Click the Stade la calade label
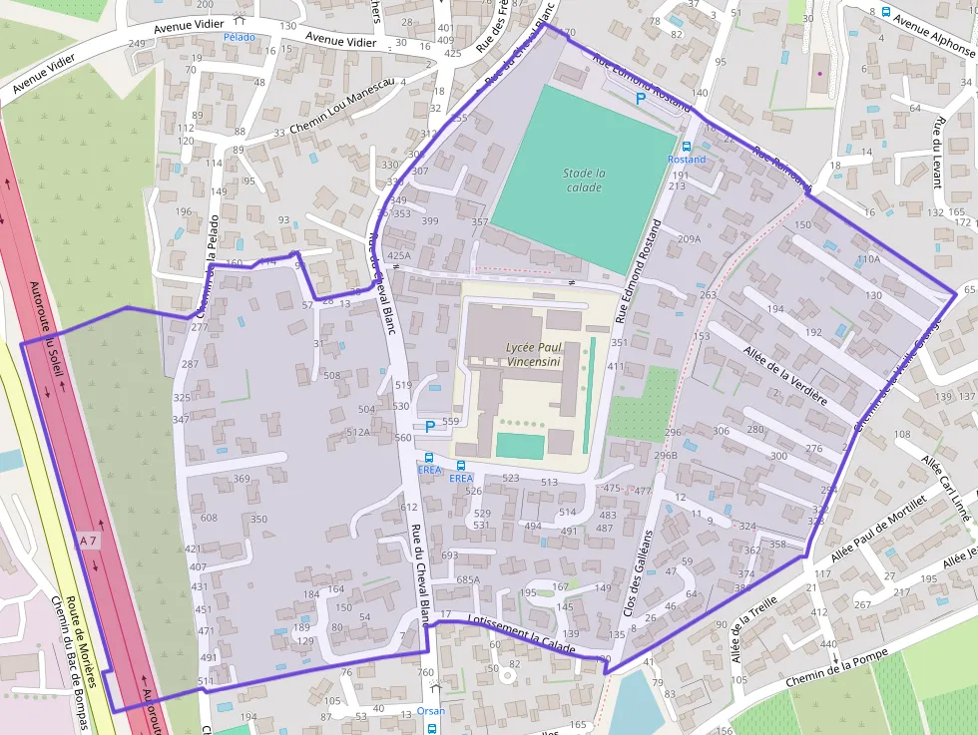(584, 180)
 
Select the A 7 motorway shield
(87, 541)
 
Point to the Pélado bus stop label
(240, 37)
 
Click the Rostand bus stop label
(686, 160)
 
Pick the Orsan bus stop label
(431, 711)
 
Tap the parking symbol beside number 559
(430, 426)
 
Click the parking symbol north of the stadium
(641, 98)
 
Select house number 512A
(357, 432)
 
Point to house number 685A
(468, 579)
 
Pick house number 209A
(689, 239)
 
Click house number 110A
(868, 259)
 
